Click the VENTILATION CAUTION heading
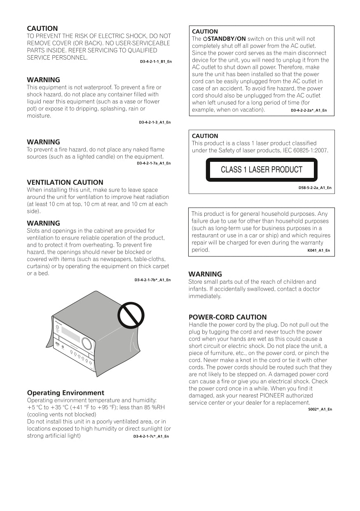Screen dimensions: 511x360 (65, 182)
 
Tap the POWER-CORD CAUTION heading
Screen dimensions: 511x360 (227, 317)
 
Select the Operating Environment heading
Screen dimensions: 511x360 (65, 393)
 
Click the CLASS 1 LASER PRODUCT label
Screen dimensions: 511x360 (262, 170)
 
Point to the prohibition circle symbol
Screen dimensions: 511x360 (131, 316)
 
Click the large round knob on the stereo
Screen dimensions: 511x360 (86, 343)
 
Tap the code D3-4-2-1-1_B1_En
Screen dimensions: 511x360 (156, 62)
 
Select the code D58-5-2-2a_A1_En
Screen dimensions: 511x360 (315, 188)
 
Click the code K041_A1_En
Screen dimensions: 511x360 (318, 250)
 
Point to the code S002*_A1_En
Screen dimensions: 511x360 (320, 409)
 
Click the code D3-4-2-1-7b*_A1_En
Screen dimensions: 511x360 (152, 280)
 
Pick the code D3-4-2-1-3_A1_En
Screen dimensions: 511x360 (154, 122)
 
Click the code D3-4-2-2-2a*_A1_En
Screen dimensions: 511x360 (309, 110)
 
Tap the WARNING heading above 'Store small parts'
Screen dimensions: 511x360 (205, 274)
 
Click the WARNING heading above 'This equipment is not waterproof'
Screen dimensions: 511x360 (43, 80)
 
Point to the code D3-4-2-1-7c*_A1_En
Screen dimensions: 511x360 (151, 436)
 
